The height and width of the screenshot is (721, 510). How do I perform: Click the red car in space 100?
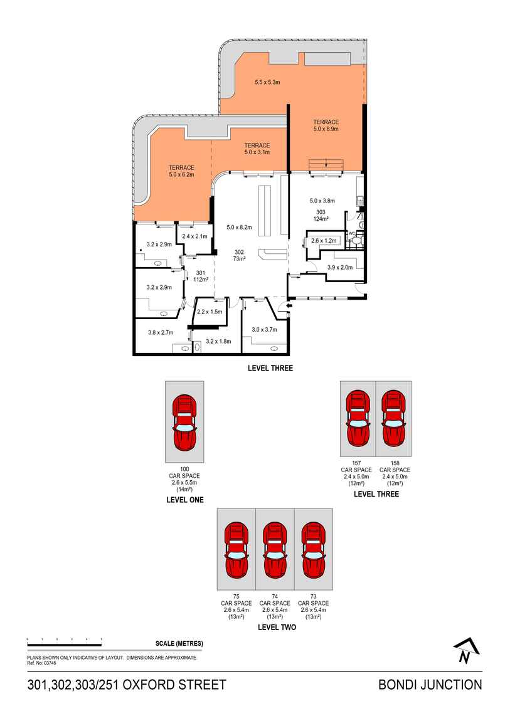click(184, 423)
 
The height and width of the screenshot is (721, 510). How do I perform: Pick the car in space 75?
click(236, 549)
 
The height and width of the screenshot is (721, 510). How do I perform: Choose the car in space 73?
click(313, 549)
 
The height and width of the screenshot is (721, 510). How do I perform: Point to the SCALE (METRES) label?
click(179, 644)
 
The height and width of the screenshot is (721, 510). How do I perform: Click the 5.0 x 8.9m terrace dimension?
click(326, 129)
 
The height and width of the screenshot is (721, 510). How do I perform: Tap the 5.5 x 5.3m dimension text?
click(267, 82)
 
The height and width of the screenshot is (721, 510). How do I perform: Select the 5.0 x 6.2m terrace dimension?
click(181, 175)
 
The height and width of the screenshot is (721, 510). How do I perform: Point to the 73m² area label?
click(239, 258)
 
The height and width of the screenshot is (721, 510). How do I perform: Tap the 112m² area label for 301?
click(201, 280)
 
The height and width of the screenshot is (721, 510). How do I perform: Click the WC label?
click(352, 234)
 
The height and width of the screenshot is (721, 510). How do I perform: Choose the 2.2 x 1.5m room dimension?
click(210, 312)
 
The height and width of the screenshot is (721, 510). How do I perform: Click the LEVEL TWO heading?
click(277, 626)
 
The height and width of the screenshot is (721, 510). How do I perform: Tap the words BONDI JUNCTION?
click(430, 685)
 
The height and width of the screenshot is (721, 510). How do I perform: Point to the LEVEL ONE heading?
click(185, 500)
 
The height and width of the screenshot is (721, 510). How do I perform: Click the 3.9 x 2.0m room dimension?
click(340, 268)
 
